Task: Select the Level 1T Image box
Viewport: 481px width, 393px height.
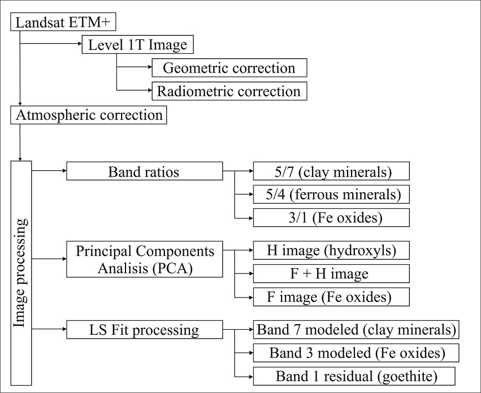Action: point(138,45)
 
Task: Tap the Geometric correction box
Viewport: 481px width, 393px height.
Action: point(229,68)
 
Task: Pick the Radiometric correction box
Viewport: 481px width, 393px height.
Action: point(229,91)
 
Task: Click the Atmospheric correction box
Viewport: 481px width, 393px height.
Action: point(89,115)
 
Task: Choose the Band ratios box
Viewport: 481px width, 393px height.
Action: point(144,172)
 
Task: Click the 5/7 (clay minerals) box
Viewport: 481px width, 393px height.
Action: point(331,172)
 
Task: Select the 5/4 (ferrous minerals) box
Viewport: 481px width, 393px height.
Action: point(331,194)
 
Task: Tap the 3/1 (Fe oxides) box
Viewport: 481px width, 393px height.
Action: point(331,218)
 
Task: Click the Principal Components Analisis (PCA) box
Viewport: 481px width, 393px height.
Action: point(144,259)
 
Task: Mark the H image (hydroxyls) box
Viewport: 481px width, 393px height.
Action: point(331,250)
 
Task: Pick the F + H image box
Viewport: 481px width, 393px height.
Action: point(331,273)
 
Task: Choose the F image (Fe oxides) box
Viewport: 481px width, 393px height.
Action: point(331,296)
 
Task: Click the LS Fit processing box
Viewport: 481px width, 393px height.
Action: point(144,330)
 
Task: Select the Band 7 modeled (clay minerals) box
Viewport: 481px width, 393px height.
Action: point(355,330)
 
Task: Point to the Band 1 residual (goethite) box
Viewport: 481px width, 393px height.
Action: point(355,376)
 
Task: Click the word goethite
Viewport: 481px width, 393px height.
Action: point(407,376)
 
